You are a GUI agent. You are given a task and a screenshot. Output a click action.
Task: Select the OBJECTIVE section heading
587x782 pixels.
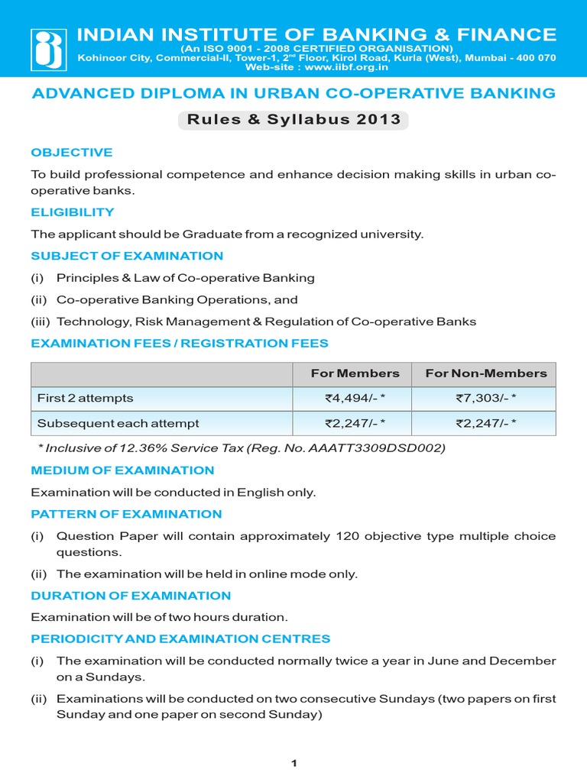[x=72, y=152]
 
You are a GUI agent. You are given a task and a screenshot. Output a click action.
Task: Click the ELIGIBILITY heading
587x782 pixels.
[x=73, y=212]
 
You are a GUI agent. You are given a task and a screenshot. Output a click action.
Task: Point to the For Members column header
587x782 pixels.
[x=355, y=373]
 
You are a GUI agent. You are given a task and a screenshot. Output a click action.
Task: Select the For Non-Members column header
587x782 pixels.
[x=485, y=373]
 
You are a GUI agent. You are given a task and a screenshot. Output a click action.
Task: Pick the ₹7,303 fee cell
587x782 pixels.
[x=485, y=398]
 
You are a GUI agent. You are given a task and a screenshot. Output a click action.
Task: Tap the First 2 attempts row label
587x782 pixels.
[x=86, y=398]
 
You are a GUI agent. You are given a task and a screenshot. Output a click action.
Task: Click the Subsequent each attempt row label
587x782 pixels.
[x=118, y=423]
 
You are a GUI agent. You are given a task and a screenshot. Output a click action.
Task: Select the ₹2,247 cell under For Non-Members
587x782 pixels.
[x=485, y=423]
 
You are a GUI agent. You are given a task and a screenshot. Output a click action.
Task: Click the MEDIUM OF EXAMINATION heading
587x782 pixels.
[x=122, y=470]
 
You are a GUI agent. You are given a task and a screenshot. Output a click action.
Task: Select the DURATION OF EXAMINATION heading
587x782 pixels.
[x=131, y=595]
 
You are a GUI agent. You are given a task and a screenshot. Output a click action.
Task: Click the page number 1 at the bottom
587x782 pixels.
[x=293, y=763]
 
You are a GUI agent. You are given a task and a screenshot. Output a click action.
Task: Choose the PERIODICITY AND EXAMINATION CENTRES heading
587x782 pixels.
[x=180, y=638]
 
